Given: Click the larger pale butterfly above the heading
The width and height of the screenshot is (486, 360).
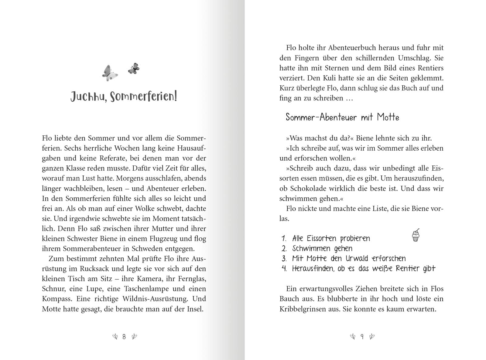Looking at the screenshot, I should click(109, 73).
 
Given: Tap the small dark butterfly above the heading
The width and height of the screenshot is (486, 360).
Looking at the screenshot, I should click(133, 69).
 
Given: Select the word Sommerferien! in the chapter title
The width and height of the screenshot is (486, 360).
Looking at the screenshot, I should click(143, 97).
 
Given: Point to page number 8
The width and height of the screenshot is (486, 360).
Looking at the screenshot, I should click(124, 336).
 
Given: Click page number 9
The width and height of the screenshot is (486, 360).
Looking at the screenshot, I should click(362, 336).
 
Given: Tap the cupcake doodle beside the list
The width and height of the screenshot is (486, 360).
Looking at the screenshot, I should click(416, 235).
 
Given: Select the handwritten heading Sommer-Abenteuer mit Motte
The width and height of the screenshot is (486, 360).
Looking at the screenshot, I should click(342, 117).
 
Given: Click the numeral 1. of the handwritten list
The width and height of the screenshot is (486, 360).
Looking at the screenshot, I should click(284, 238).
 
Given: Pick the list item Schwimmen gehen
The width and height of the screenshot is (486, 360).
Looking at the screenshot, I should click(322, 248).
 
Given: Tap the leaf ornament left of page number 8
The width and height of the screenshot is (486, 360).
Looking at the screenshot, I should click(115, 336).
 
